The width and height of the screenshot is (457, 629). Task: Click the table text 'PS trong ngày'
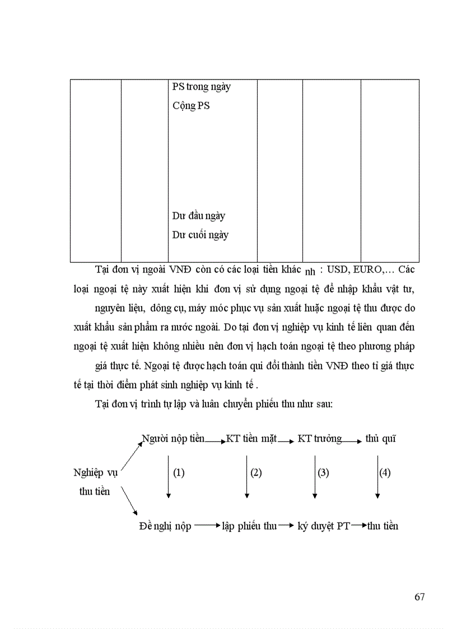[x=201, y=87]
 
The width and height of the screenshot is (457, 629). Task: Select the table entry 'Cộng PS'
[x=191, y=105]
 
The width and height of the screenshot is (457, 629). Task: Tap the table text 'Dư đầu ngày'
[x=198, y=216]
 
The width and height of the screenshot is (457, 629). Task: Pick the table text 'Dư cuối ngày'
[x=200, y=235]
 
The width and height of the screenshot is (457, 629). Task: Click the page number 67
[x=419, y=597]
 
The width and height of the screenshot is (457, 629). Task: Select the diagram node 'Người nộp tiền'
[x=173, y=439]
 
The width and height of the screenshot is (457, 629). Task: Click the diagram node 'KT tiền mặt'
[x=251, y=439]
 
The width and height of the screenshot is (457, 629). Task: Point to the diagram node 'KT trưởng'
[x=319, y=439]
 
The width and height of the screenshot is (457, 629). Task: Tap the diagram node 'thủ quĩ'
[x=380, y=439]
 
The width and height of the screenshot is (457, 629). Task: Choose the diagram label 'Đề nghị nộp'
[x=165, y=527]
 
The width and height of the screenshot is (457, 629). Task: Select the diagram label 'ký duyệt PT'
[x=323, y=527]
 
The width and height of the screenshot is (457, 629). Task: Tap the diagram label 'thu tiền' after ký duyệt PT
[x=383, y=527]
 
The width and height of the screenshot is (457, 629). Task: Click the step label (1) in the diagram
[x=179, y=473]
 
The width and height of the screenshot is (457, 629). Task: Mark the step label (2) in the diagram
[x=256, y=473]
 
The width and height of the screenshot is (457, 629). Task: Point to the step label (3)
[x=323, y=473]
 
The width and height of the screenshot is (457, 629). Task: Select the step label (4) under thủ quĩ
[x=385, y=473]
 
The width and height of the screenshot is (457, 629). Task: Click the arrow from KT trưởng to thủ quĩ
[x=353, y=441]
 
